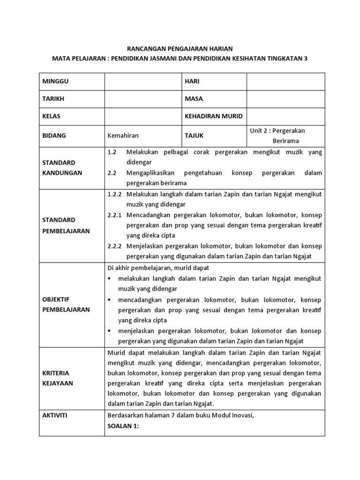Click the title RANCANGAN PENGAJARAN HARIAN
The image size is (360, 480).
180,48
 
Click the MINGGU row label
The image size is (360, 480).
55,81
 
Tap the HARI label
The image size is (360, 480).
192,81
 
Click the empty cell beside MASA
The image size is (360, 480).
285,99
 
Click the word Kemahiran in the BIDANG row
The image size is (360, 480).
123,135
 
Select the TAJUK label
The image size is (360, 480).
194,135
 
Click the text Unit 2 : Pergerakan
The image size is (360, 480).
277,131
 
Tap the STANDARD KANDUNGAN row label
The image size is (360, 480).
59,168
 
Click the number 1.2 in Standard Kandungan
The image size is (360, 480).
112,153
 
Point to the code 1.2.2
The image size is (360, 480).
114,194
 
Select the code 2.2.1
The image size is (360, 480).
114,215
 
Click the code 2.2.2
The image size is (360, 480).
114,246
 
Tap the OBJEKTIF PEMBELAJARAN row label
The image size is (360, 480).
64,304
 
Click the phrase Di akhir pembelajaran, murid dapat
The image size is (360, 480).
158,268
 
